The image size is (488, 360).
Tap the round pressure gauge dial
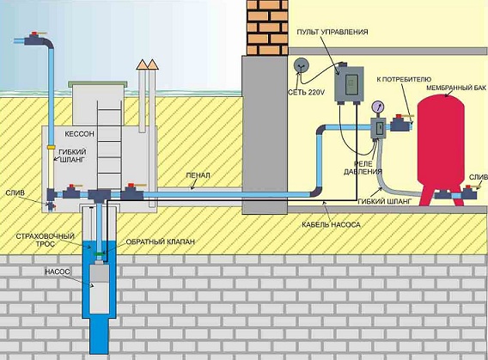(378, 107)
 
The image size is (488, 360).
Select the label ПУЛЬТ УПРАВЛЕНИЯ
(332, 32)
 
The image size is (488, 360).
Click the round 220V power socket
(302, 65)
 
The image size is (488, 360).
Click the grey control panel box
(349, 84)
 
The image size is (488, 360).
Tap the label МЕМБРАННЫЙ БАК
(456, 88)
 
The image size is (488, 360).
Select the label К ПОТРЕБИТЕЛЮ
(404, 79)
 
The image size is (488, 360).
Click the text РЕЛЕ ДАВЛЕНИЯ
(363, 168)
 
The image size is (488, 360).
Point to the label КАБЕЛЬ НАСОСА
(331, 224)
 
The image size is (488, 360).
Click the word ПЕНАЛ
(198, 175)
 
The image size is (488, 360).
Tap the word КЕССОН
(79, 134)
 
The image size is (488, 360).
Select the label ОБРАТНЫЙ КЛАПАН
(161, 241)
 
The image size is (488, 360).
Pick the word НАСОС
(58, 272)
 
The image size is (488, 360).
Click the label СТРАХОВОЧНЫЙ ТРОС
(46, 240)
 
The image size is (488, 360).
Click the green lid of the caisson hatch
(97, 83)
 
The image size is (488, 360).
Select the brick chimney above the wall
(267, 27)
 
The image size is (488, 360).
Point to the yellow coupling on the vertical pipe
(52, 147)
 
